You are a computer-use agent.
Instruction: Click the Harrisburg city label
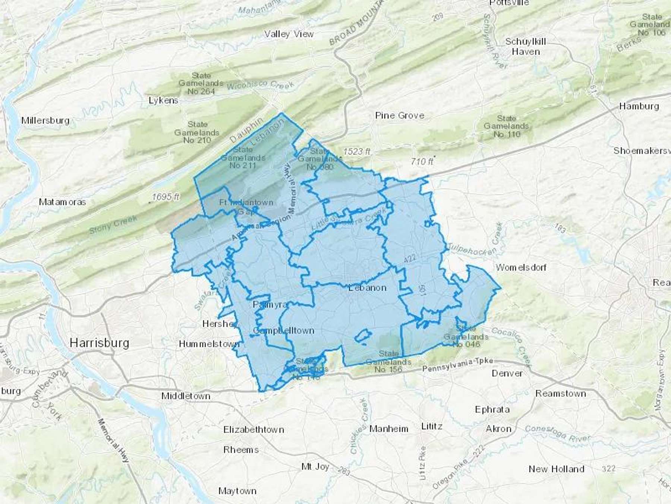pyautogui.click(x=100, y=343)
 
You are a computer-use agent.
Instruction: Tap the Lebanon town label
pyautogui.click(x=367, y=288)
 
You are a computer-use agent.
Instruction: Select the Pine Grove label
pyautogui.click(x=400, y=116)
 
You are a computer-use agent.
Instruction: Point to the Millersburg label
pyautogui.click(x=45, y=121)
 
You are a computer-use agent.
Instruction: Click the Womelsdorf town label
pyautogui.click(x=521, y=267)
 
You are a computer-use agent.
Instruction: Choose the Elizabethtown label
pyautogui.click(x=253, y=430)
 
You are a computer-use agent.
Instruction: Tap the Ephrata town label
pyautogui.click(x=492, y=410)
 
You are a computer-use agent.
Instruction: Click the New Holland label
pyautogui.click(x=556, y=469)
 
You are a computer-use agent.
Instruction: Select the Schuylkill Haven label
pyautogui.click(x=526, y=47)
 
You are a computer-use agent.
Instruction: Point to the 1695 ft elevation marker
pyautogui.click(x=166, y=197)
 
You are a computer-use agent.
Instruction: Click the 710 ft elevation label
pyautogui.click(x=422, y=162)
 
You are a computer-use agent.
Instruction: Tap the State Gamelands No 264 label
pyautogui.click(x=201, y=84)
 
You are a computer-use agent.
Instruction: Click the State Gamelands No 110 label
pyautogui.click(x=506, y=126)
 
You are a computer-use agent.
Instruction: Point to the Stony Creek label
pyautogui.click(x=113, y=224)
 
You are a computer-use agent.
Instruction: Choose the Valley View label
pyautogui.click(x=289, y=34)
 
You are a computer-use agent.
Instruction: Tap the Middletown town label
pyautogui.click(x=186, y=396)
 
